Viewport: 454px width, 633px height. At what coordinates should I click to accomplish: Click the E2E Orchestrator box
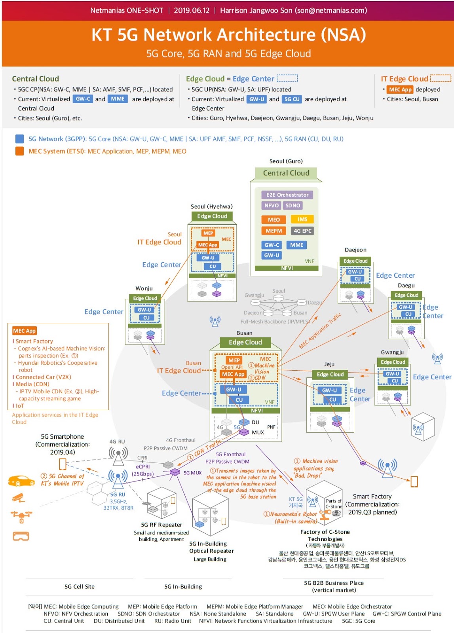click(287, 195)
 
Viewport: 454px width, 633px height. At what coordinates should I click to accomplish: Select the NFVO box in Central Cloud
click(272, 205)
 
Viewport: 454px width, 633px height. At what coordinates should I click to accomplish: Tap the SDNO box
click(293, 205)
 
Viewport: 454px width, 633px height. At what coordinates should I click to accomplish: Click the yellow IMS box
click(302, 219)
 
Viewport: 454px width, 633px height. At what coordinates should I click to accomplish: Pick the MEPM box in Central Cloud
click(274, 231)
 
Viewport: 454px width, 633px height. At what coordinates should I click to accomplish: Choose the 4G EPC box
click(302, 231)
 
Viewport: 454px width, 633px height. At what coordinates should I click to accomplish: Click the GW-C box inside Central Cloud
click(272, 245)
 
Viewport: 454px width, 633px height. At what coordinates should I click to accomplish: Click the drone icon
click(21, 515)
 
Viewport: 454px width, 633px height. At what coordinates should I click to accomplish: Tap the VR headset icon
click(21, 536)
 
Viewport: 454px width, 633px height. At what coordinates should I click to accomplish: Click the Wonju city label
click(144, 288)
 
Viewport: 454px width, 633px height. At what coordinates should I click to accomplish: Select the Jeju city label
click(329, 364)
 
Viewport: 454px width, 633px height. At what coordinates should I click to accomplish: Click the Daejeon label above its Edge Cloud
click(355, 250)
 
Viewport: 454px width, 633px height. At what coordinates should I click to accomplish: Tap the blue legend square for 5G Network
click(19, 139)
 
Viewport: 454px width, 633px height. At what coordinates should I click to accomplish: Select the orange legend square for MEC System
click(19, 151)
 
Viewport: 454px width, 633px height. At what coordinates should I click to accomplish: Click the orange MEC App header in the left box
click(24, 331)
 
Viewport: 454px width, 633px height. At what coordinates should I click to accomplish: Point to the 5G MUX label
click(192, 473)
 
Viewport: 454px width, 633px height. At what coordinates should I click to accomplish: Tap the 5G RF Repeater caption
click(161, 525)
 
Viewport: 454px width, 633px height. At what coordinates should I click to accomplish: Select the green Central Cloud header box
click(286, 173)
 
